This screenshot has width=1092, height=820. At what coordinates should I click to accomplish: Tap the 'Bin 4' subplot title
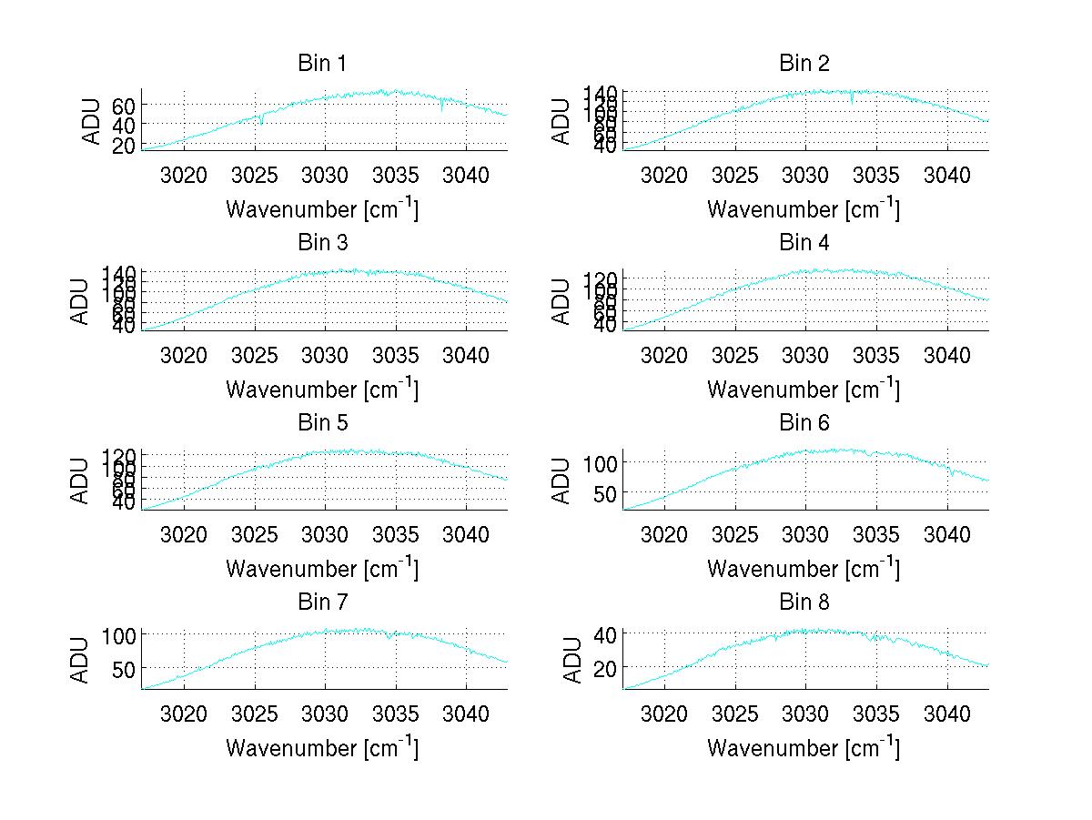pos(804,243)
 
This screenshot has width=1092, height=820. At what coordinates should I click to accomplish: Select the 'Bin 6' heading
pos(804,423)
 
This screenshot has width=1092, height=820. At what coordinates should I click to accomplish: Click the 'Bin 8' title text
pos(804,602)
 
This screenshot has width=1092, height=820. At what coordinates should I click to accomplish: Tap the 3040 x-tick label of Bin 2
pos(947,175)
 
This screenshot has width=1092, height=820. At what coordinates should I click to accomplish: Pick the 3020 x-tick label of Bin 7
pos(184,714)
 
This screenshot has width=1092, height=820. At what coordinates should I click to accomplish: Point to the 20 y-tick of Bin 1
pos(125,145)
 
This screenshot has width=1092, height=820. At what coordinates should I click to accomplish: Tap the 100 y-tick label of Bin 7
pos(118,634)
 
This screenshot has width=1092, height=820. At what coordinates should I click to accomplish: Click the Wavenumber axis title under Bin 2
pos(804,210)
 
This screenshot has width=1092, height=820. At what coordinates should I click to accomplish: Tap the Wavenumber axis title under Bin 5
pos(321,569)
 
